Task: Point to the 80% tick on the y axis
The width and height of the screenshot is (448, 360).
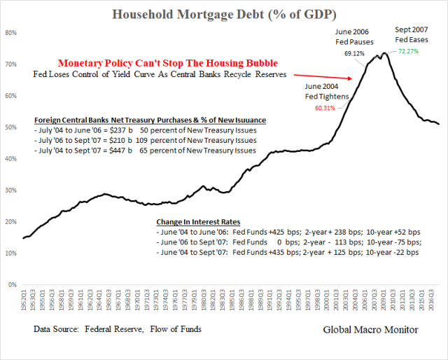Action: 11,32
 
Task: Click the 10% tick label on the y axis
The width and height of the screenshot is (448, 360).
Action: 11,254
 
